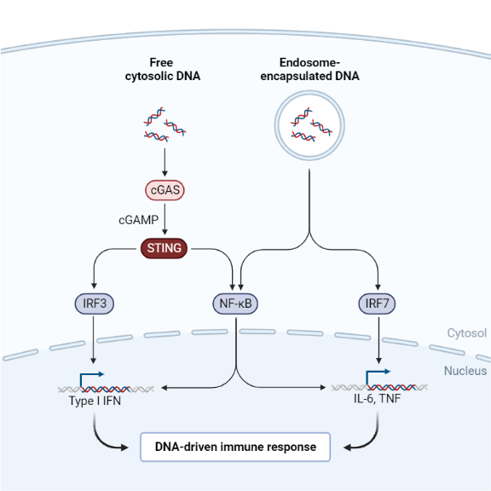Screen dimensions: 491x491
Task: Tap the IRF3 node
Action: tap(93, 303)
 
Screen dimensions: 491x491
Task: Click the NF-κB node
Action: tap(234, 303)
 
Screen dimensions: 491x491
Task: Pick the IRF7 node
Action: tap(376, 303)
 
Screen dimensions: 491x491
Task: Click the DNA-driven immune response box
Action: tap(234, 446)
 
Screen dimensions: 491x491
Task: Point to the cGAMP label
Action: tap(138, 219)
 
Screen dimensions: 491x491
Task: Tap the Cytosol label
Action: tap(467, 333)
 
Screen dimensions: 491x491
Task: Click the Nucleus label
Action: tap(465, 371)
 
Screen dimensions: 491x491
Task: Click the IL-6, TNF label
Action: tap(375, 400)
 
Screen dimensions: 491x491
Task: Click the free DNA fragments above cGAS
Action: tap(165, 124)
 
